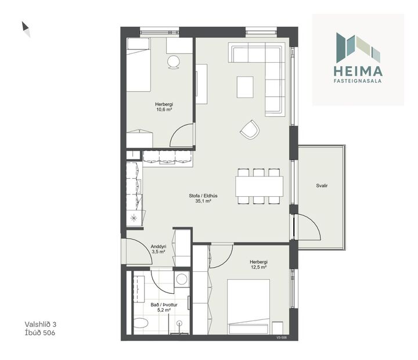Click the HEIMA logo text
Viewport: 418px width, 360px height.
pos(358,71)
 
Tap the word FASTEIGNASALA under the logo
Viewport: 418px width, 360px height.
pos(358,82)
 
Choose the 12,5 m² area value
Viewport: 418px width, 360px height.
pos(258,267)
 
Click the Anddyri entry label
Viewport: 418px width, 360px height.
pos(158,246)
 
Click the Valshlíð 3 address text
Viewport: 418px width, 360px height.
pos(41,325)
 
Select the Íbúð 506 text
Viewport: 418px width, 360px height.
pos(40,333)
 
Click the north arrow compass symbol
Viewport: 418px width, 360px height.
pos(26,29)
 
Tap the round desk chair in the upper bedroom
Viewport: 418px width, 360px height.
pos(174,62)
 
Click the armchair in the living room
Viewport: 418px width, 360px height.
pos(249,129)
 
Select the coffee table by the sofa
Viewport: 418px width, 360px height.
pos(244,87)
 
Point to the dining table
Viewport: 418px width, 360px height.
pos(259,186)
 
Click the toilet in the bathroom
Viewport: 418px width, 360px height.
pos(141,324)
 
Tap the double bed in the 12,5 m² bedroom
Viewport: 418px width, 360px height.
pos(248,306)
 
